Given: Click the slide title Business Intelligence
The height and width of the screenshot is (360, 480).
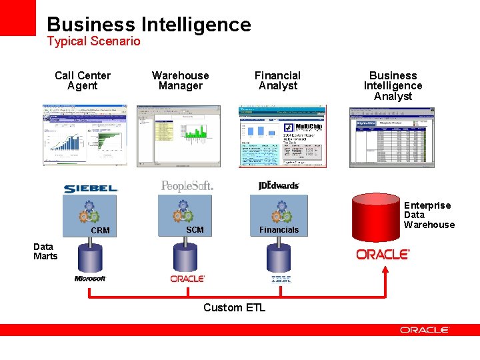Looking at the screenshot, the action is [x=149, y=25].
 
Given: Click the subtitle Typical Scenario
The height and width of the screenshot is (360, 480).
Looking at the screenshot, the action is [x=93, y=41].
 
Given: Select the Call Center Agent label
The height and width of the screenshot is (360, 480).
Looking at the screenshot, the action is [x=83, y=81].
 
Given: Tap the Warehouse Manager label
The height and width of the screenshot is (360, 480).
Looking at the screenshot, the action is [x=180, y=81].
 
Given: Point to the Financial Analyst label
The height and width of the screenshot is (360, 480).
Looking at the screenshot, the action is [x=277, y=81].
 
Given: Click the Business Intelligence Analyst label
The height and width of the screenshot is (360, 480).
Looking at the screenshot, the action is [x=393, y=86].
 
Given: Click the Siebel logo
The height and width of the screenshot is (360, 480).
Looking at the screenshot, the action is [x=91, y=189].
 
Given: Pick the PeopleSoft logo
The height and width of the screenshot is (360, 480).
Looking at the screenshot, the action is [x=187, y=186].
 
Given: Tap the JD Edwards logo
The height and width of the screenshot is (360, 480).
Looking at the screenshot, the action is [x=279, y=185].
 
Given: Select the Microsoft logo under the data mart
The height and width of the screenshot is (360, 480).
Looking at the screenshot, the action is [x=90, y=279].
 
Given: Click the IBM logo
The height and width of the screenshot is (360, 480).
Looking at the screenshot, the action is [x=281, y=279].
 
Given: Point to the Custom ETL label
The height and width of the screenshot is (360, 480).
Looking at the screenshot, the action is [x=234, y=307].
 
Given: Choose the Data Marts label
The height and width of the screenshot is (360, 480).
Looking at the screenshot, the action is [x=45, y=251].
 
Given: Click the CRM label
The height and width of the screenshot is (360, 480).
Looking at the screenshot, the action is [x=100, y=231].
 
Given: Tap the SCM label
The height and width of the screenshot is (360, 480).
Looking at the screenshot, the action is [x=195, y=230].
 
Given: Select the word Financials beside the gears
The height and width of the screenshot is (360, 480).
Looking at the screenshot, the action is [x=279, y=230].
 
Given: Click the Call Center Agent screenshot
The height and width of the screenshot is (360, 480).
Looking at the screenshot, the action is [x=85, y=135].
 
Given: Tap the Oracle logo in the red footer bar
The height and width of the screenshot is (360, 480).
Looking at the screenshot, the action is [x=425, y=330].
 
